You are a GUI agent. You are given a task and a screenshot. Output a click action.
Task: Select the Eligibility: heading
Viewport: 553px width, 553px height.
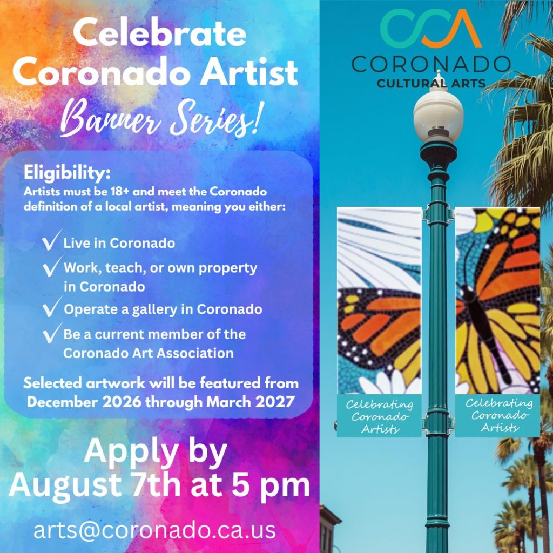click(67, 173)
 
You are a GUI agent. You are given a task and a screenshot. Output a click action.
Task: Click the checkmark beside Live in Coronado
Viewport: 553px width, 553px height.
click(51, 240)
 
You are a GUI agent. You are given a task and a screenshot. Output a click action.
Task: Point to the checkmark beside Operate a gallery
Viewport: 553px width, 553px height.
click(52, 307)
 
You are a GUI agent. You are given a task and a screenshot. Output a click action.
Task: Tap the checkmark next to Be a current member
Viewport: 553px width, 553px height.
click(52, 333)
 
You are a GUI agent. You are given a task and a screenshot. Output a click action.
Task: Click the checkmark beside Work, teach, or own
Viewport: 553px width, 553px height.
click(52, 266)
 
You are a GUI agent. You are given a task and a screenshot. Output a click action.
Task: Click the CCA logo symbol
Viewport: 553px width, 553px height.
click(431, 28)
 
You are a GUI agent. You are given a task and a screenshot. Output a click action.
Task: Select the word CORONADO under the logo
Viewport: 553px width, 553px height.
click(431, 64)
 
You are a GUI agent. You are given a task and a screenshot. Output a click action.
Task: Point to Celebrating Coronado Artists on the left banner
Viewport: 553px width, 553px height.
click(379, 416)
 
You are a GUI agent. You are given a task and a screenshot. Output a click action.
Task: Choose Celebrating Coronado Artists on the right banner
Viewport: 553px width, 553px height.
click(499, 415)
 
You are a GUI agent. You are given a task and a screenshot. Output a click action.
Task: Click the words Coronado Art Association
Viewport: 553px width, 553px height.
click(149, 353)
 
